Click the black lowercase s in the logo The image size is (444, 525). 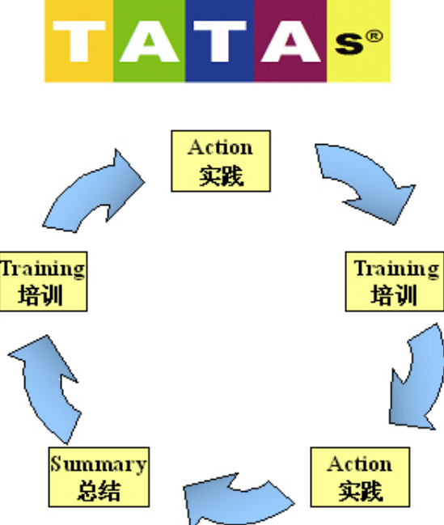pyautogui.click(x=349, y=44)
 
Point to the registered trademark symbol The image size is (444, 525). pyautogui.click(x=374, y=36)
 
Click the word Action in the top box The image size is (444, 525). pyautogui.click(x=220, y=148)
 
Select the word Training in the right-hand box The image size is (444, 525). pyautogui.click(x=397, y=269)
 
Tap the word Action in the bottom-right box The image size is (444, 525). pyautogui.click(x=360, y=464)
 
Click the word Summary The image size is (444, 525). pyautogui.click(x=99, y=464)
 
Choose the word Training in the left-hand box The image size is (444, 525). pyautogui.click(x=43, y=269)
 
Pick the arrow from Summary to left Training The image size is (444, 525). pyautogui.click(x=47, y=388)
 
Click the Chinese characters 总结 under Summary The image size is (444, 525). pyautogui.click(x=99, y=491)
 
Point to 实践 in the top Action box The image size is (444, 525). pyautogui.click(x=221, y=176)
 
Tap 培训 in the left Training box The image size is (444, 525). pyautogui.click(x=40, y=295)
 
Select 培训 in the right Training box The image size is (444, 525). pyautogui.click(x=394, y=295)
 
